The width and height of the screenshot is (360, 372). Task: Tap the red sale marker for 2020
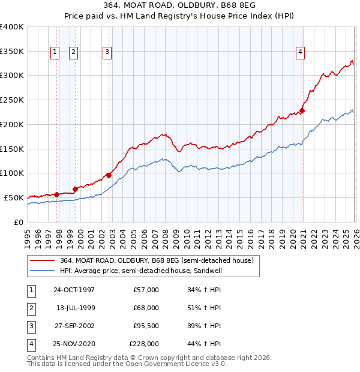[302, 110]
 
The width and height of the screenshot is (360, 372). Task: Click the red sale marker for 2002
[109, 175]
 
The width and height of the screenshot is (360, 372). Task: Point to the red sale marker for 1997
[57, 194]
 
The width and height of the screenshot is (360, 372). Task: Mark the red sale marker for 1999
[75, 188]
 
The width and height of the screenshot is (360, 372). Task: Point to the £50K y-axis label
[14, 197]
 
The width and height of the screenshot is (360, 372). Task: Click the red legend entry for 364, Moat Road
[157, 260]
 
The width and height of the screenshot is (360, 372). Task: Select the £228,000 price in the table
[144, 344]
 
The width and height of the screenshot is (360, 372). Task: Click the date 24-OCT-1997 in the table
[74, 290]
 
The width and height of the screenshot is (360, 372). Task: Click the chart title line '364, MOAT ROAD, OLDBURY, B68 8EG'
[181, 6]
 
